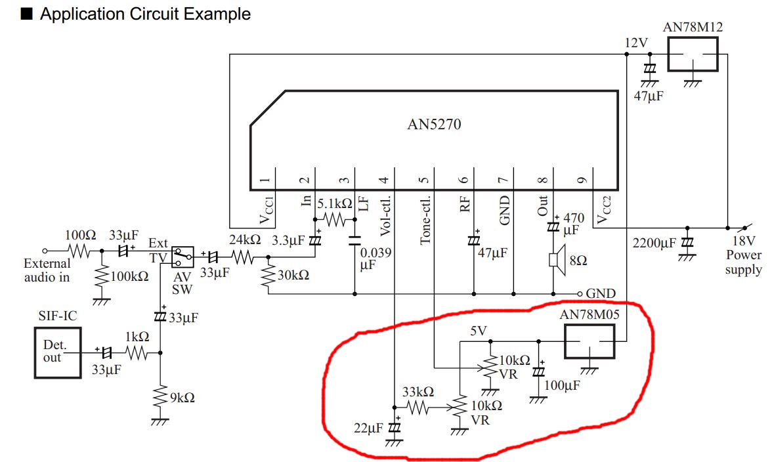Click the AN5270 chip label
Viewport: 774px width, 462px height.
433,124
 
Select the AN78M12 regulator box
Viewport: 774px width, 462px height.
693,54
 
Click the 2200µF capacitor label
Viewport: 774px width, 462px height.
655,243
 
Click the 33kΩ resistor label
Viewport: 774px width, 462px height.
418,392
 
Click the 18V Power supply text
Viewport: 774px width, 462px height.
744,255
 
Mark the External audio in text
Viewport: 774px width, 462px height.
47,270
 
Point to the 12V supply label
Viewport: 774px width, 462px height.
636,43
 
